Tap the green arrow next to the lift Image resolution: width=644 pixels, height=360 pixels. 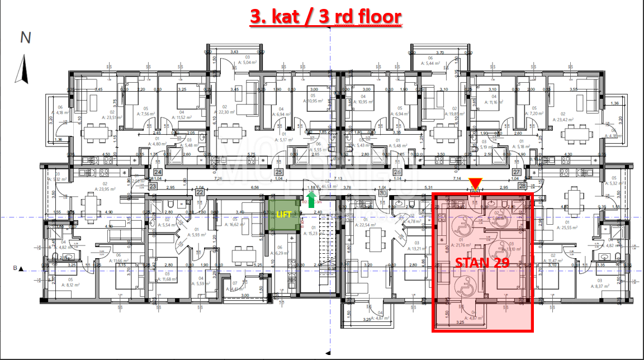[x=311, y=198]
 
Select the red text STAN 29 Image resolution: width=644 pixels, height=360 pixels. [x=482, y=263]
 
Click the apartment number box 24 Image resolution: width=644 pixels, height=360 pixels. [x=158, y=172]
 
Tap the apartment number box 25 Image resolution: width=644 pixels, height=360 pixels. [x=278, y=172]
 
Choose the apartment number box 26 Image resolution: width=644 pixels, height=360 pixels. [x=397, y=172]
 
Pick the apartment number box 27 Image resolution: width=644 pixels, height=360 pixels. [x=517, y=172]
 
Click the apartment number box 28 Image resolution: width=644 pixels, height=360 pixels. [x=523, y=185]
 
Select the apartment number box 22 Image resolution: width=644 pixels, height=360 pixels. [x=200, y=192]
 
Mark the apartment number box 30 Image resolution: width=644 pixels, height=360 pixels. [x=382, y=192]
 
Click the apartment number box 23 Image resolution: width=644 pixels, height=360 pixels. [x=153, y=187]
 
